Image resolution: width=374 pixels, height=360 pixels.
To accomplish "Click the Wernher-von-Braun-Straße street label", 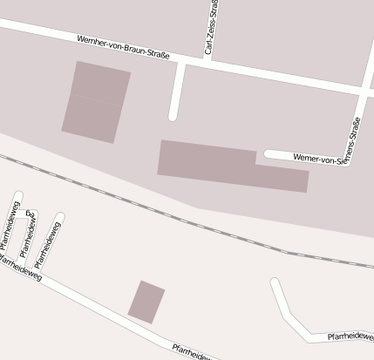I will (x=122, y=48).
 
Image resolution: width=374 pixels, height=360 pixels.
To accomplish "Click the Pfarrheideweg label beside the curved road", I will (x=350, y=335).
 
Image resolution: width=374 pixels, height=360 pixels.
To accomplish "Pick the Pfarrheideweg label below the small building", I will (x=192, y=352).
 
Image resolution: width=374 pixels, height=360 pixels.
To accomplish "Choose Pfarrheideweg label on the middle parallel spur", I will (x=29, y=233).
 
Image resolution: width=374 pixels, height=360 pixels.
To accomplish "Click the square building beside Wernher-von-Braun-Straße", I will (x=96, y=101).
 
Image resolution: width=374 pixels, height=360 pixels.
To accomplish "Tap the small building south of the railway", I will (x=146, y=302).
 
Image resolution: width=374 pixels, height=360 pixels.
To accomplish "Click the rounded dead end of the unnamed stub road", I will (x=173, y=115).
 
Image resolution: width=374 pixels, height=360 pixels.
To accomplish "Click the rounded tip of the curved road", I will (x=275, y=283).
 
